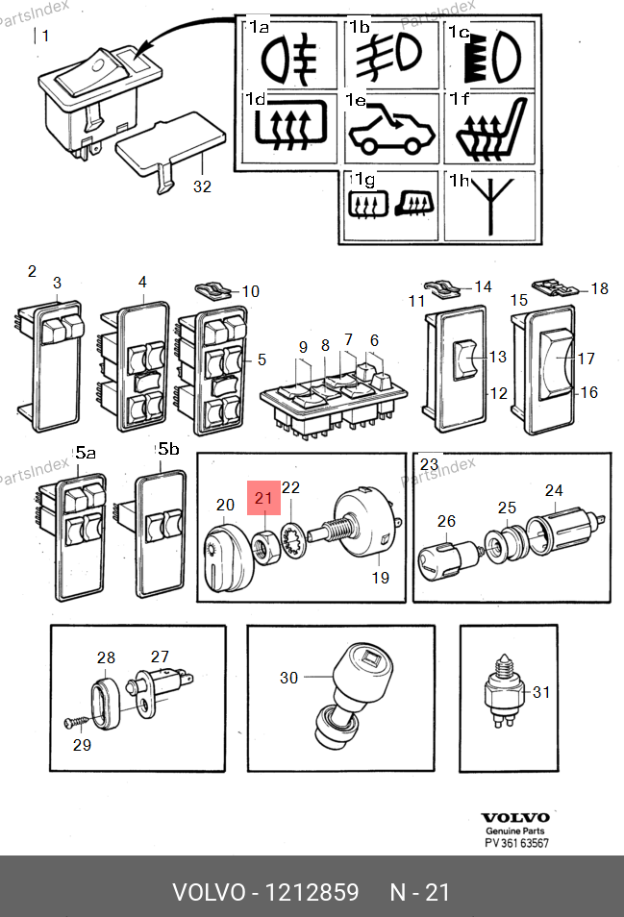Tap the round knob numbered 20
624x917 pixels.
coord(226,557)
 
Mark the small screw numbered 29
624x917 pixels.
coord(75,721)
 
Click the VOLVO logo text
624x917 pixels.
coord(514,818)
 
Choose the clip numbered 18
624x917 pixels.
coord(550,285)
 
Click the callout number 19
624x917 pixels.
coord(381,578)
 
